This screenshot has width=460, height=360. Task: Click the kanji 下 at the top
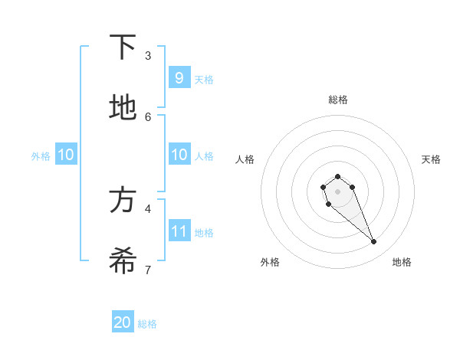pos(123,47)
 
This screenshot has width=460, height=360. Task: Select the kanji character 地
pos(123,107)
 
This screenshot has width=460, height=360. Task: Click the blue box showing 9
pos(179,77)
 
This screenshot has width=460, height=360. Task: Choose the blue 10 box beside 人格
pos(179,155)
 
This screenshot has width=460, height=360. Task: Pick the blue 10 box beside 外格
pos(66,155)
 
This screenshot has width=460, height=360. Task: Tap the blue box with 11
pos(179,231)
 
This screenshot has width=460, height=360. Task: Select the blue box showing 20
pos(123,322)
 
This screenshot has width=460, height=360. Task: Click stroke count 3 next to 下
pos(148,55)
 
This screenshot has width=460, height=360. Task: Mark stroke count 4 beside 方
pos(148,208)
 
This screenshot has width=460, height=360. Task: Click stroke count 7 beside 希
pos(148,270)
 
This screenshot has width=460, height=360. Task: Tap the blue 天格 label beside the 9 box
pos(204,79)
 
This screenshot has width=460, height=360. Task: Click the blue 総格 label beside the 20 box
pos(147,324)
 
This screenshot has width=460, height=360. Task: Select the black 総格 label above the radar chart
pos(338,100)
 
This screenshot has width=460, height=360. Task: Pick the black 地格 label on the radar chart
pos(402,262)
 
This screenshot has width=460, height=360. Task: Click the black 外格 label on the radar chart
pos(270,262)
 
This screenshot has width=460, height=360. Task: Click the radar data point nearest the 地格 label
pos(374,242)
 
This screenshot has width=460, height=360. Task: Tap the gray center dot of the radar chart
pos(337,191)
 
